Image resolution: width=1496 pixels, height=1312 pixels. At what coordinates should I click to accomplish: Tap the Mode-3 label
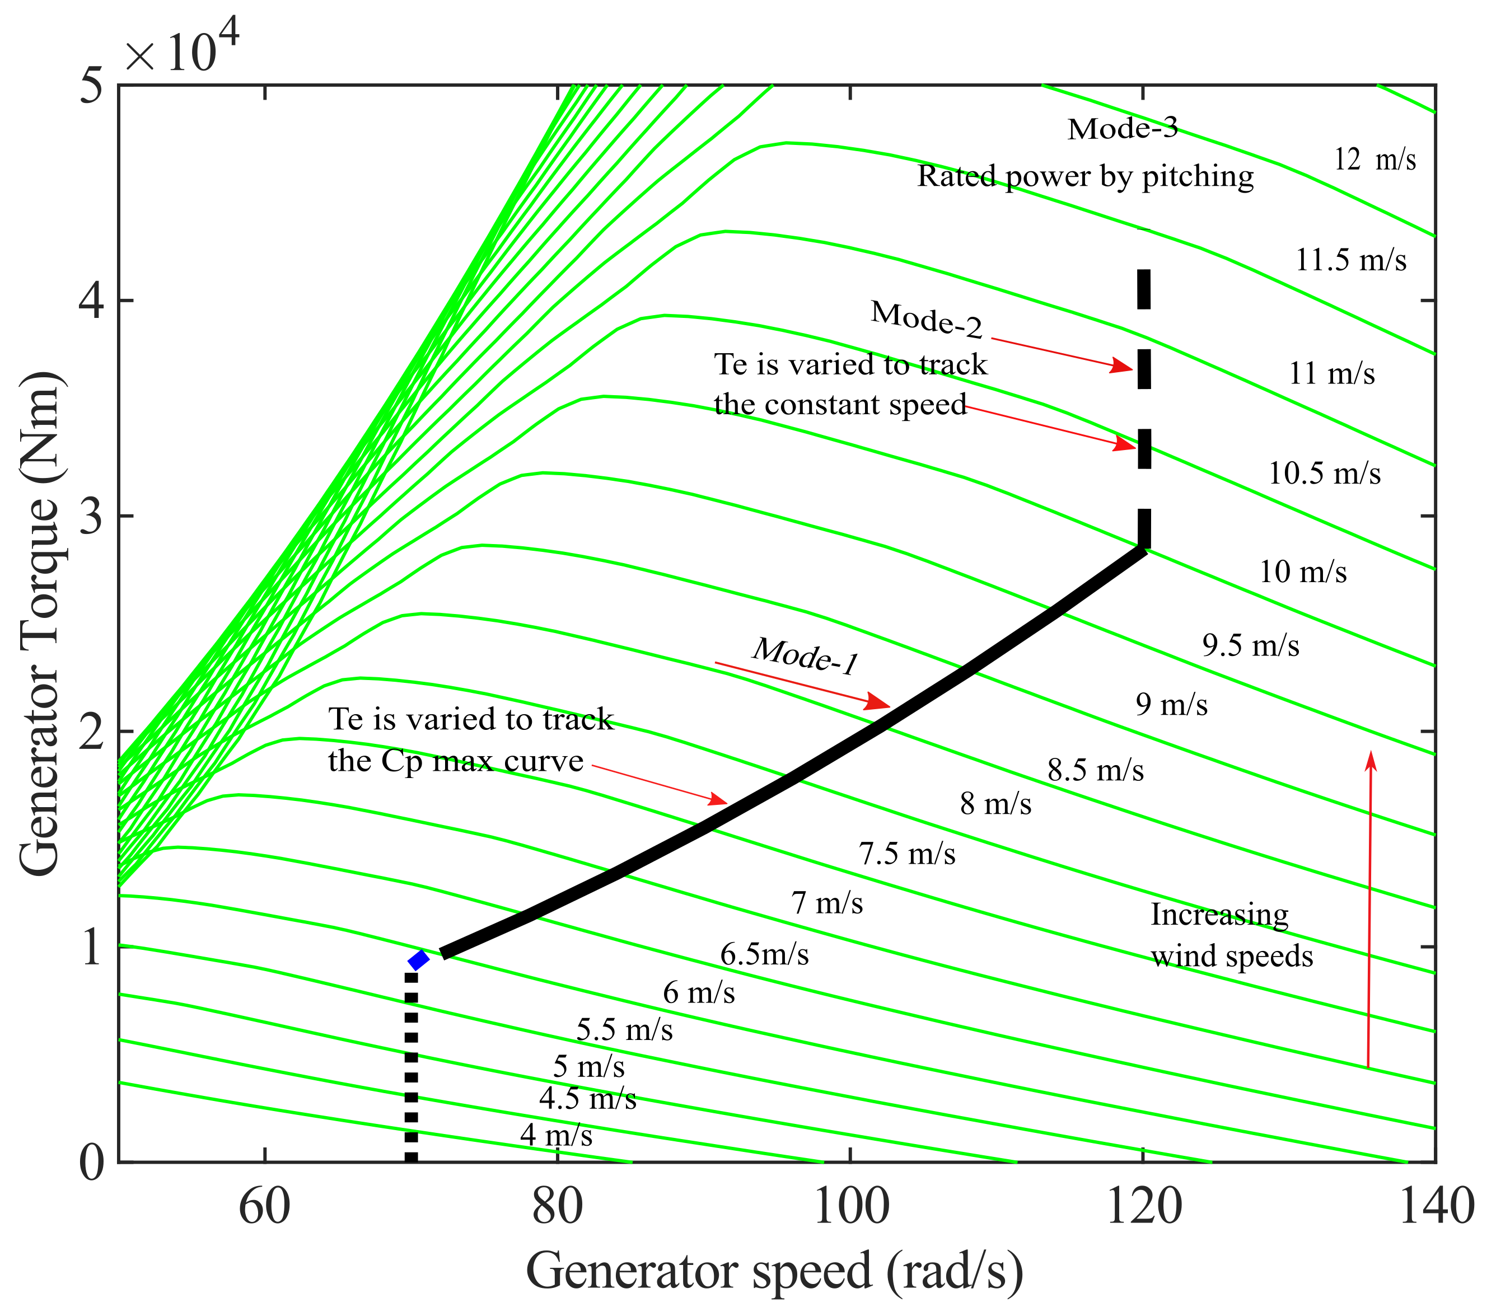pyautogui.click(x=1123, y=129)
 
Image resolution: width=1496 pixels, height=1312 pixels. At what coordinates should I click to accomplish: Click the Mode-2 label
pyautogui.click(x=927, y=320)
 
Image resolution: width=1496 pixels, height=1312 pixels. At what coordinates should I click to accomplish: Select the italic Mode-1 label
pyautogui.click(x=805, y=655)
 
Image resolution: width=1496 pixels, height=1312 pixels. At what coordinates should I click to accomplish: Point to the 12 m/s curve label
pyautogui.click(x=1375, y=160)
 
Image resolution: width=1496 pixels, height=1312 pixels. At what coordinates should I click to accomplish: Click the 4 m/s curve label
pyautogui.click(x=557, y=1135)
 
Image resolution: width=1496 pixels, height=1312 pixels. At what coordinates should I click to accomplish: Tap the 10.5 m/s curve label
pyautogui.click(x=1324, y=474)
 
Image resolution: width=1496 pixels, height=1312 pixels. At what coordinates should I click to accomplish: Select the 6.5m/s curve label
pyautogui.click(x=764, y=954)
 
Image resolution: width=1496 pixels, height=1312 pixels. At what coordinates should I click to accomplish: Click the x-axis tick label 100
pyautogui.click(x=850, y=1207)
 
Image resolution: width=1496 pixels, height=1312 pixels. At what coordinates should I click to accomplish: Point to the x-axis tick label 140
pyautogui.click(x=1435, y=1207)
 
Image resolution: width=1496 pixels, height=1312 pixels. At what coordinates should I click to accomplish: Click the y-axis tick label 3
pyautogui.click(x=91, y=517)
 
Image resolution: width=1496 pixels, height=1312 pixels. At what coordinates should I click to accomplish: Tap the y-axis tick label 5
pyautogui.click(x=91, y=86)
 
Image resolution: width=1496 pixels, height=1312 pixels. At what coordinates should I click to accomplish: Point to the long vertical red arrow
pyautogui.click(x=1369, y=907)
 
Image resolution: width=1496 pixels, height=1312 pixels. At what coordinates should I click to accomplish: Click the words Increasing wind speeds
pyautogui.click(x=1231, y=935)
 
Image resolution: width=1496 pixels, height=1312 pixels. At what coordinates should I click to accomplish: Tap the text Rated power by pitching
pyautogui.click(x=1086, y=176)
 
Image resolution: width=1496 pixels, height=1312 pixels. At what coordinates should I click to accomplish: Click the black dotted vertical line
pyautogui.click(x=412, y=1069)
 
